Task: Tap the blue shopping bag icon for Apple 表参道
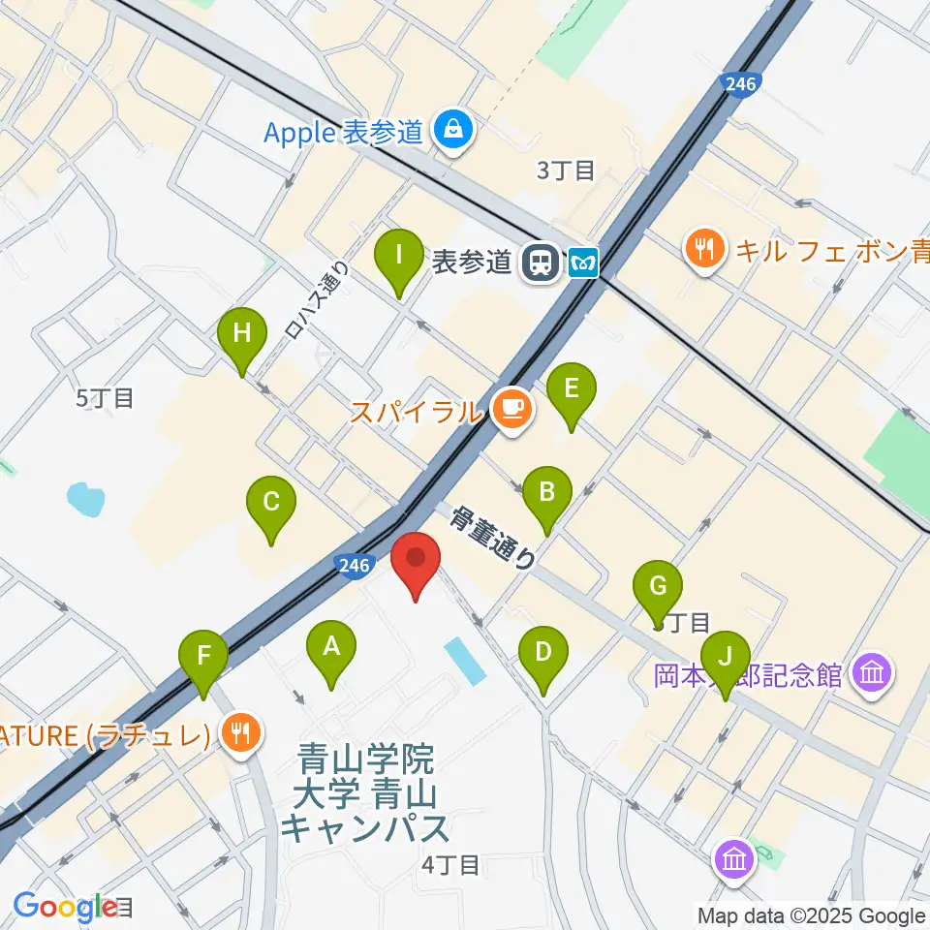click(452, 128)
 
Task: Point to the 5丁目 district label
click(105, 397)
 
